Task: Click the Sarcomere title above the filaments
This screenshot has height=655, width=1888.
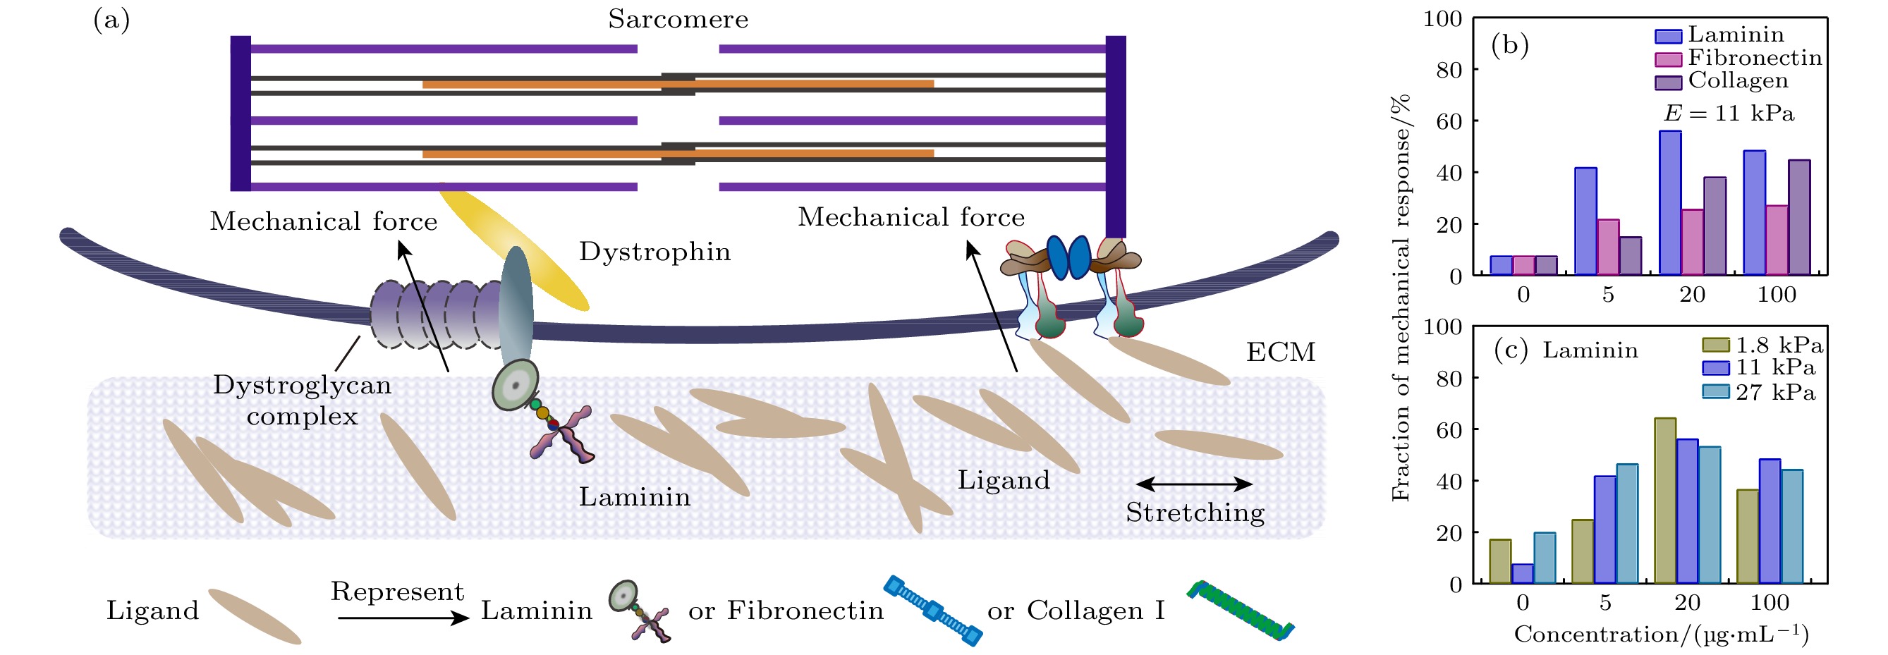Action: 678,19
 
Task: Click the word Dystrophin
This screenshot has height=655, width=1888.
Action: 654,252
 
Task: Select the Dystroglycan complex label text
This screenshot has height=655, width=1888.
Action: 302,400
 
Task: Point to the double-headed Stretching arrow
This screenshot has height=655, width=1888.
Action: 1194,484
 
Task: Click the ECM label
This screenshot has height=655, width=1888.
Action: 1280,353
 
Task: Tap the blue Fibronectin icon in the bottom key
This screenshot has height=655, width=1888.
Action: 932,611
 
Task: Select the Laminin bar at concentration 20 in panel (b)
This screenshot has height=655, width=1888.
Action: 1670,203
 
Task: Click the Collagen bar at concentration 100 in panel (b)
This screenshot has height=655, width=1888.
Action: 1798,218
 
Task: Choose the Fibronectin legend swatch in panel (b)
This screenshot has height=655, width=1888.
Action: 1668,59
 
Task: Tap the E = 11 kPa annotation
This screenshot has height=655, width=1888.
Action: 1729,114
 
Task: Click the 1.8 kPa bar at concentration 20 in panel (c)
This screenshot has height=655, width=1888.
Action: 1665,501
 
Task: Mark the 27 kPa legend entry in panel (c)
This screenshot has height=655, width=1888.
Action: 1759,392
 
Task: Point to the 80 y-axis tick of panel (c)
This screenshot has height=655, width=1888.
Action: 1450,379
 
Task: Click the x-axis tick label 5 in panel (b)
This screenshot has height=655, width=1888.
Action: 1608,295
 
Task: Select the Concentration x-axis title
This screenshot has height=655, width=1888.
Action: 1661,635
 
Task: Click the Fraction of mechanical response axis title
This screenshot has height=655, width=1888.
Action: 1401,297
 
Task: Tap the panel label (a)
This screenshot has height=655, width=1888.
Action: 111,20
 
